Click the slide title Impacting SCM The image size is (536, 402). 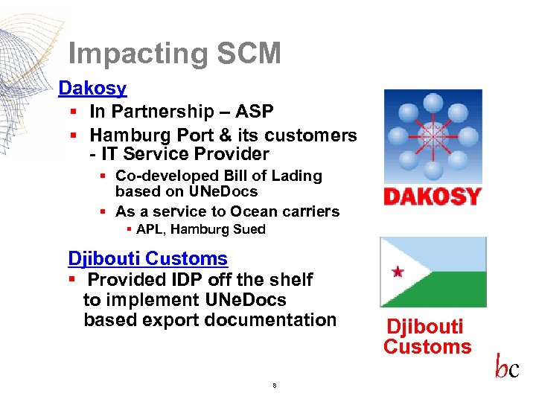point(174,54)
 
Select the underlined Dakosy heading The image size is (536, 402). point(92,89)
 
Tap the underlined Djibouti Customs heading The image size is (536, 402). point(147,259)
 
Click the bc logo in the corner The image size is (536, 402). point(507,368)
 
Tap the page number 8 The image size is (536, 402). point(275,386)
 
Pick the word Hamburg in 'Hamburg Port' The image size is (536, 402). point(126,135)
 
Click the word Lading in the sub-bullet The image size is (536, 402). point(296,176)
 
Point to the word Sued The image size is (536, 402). point(249,229)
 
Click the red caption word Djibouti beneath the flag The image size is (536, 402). point(424,327)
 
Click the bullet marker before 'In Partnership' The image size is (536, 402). point(73,112)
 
